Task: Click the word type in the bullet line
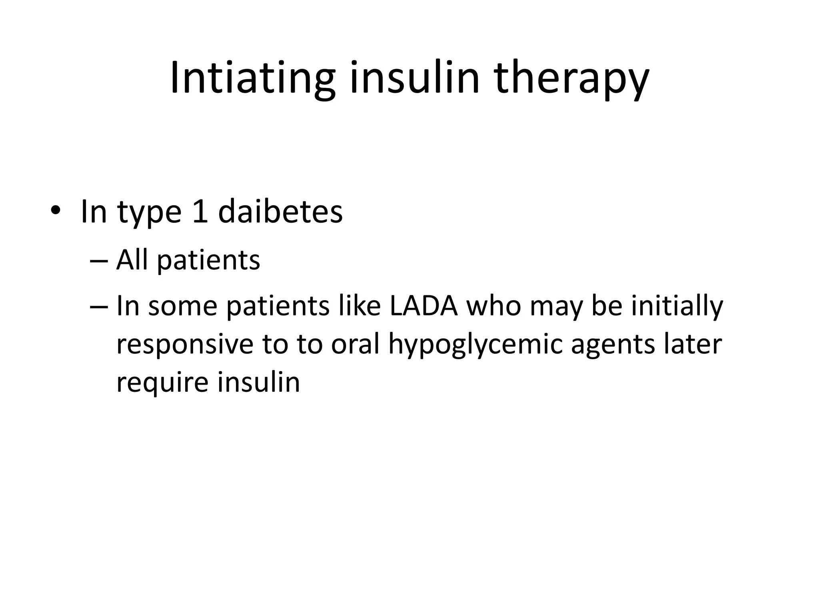tap(150, 212)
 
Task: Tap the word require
tap(162, 383)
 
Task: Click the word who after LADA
tap(494, 306)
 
